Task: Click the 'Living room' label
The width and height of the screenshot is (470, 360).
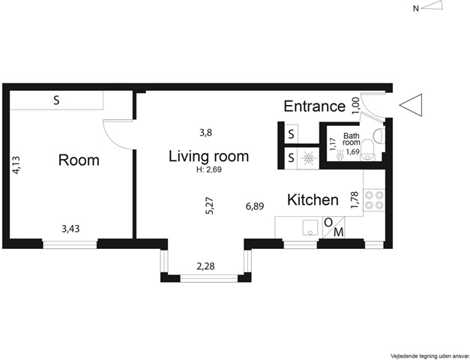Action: (x=208, y=156)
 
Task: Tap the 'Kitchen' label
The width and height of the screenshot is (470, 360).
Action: (x=313, y=199)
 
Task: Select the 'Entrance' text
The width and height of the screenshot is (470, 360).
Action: (x=314, y=106)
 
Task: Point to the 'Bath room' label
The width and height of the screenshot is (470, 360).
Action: (x=352, y=139)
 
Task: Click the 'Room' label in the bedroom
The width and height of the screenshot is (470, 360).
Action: (x=79, y=160)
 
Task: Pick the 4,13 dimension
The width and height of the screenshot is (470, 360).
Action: (x=16, y=165)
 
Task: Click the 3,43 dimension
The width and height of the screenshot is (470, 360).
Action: (x=70, y=229)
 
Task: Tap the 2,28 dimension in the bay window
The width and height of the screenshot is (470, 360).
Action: (x=205, y=266)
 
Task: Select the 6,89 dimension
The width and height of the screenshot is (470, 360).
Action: (x=255, y=206)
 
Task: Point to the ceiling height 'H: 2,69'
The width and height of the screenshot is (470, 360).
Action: (x=209, y=169)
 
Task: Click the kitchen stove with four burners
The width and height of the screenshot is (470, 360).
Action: (x=374, y=200)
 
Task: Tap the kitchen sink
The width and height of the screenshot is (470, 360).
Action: (x=310, y=228)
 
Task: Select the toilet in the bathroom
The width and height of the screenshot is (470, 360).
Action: (x=367, y=151)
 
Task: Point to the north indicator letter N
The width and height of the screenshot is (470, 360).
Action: (x=416, y=9)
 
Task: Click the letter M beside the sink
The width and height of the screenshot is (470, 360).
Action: (x=338, y=232)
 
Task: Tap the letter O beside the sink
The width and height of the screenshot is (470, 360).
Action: (x=328, y=223)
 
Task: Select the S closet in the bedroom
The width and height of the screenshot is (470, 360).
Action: (x=56, y=100)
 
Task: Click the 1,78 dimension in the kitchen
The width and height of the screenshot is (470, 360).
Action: (x=355, y=200)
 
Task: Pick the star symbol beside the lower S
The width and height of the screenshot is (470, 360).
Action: (x=308, y=157)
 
